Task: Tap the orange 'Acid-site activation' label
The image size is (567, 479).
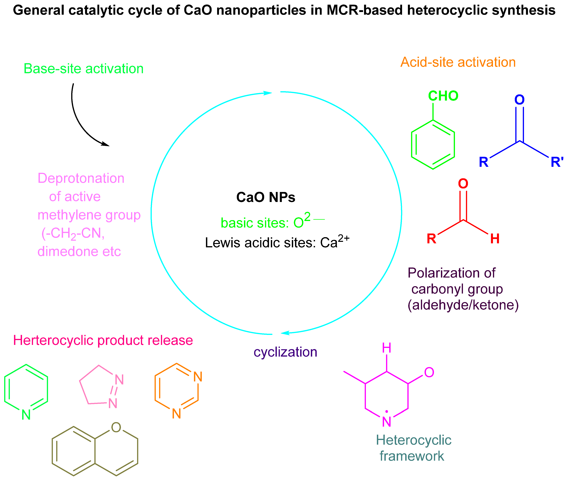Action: [458, 62]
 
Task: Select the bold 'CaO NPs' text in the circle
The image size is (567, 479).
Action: [266, 197]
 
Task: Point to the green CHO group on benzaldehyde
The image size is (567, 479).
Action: [443, 96]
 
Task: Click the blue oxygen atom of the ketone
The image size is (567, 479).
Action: [519, 100]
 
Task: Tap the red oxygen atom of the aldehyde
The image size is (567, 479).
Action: [463, 184]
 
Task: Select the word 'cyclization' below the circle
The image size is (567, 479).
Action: [285, 352]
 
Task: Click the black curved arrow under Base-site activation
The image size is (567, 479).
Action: [79, 122]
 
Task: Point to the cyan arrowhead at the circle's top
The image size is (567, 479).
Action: [267, 93]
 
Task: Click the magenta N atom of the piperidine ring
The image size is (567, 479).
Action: [386, 422]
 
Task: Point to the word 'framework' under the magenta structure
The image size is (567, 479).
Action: [412, 456]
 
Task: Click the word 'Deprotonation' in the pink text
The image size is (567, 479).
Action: [81, 179]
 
